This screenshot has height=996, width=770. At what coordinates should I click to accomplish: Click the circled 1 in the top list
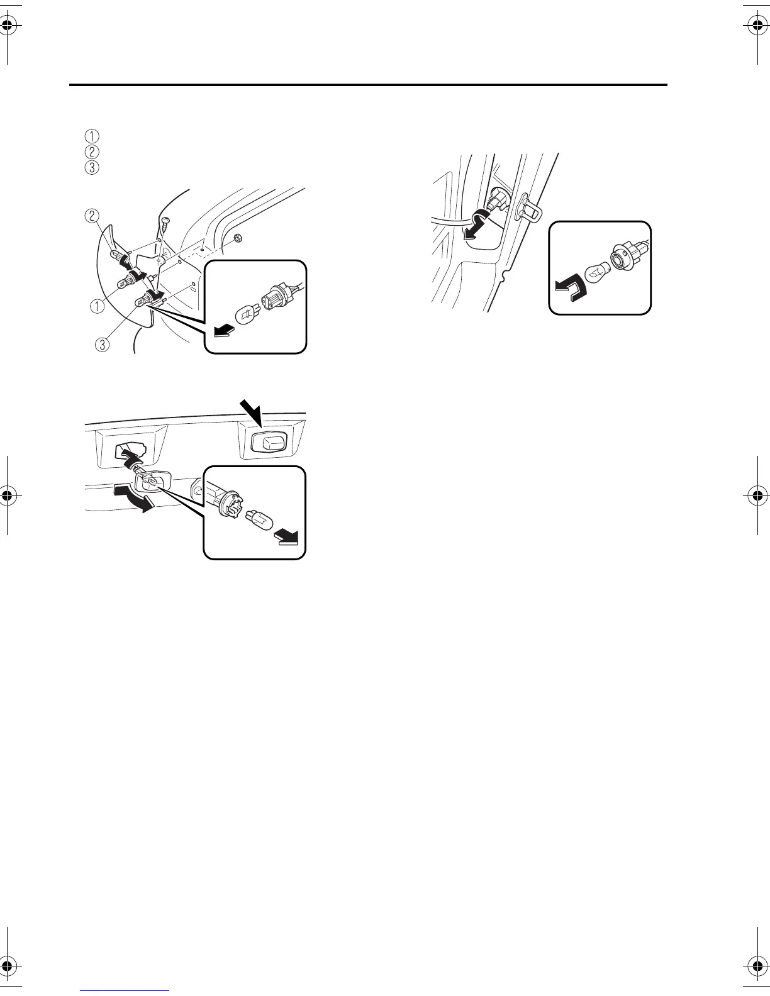click(92, 135)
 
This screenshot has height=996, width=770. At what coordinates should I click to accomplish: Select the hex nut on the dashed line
click(238, 238)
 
